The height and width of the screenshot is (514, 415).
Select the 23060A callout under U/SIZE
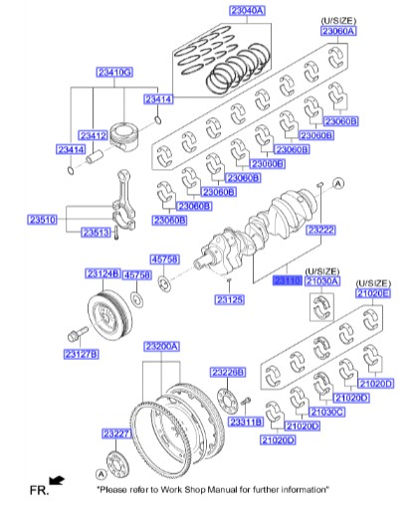point(337,31)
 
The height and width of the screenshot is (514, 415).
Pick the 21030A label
point(322,281)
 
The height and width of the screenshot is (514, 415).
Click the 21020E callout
point(375,293)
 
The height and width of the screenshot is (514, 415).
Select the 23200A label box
point(161,347)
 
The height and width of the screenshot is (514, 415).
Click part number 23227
point(116,433)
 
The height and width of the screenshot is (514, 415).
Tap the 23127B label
point(80,353)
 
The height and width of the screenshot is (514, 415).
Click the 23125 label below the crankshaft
point(229,299)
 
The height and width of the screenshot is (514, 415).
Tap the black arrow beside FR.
point(57,481)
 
